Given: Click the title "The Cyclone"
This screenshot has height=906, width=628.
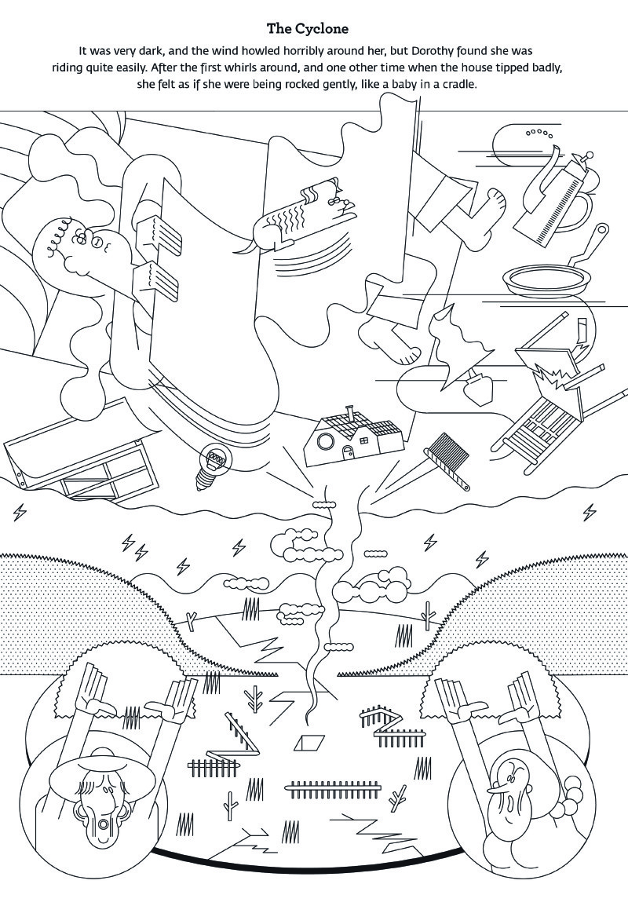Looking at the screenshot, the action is pyautogui.click(x=308, y=28).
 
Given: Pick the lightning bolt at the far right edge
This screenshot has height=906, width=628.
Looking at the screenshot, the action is pyautogui.click(x=590, y=512).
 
